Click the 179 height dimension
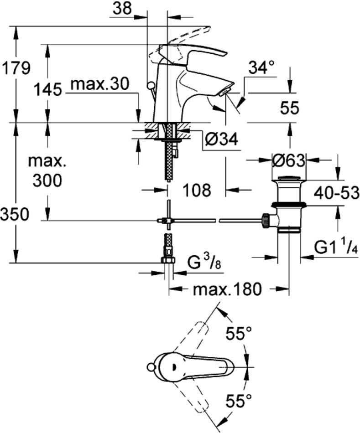[x=16, y=68]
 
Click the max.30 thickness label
[x=100, y=84]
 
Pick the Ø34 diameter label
[x=221, y=140]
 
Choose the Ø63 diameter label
[x=288, y=160]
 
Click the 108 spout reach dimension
[x=197, y=190]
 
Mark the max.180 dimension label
[x=227, y=289]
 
